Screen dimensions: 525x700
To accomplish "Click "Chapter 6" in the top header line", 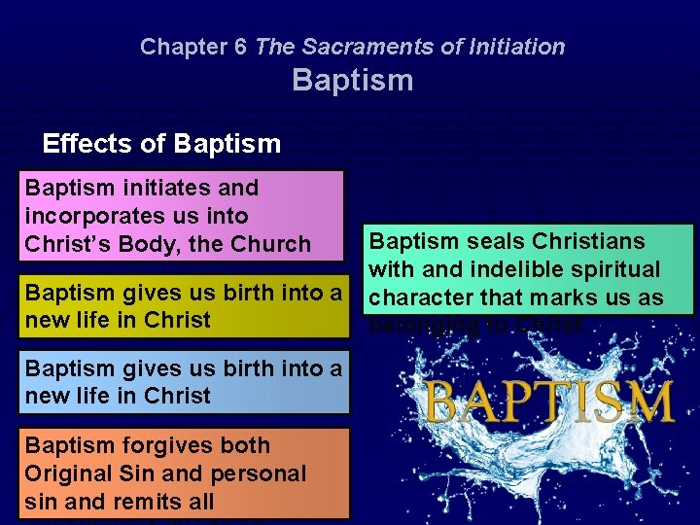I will pos(193,46).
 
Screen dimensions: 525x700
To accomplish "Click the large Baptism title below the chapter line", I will pos(352,80).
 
